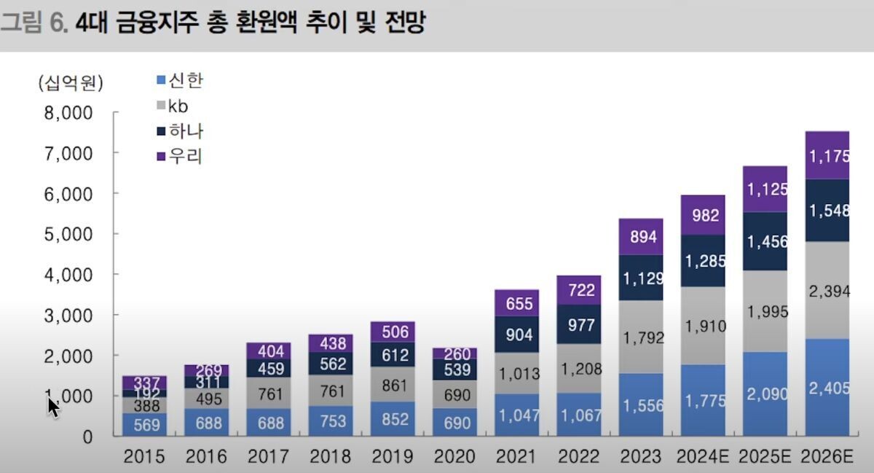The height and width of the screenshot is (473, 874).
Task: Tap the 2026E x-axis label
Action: pos(827,457)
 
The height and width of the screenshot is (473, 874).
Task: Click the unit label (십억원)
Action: pos(71,83)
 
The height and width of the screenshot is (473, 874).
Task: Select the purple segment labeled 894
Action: pos(642,237)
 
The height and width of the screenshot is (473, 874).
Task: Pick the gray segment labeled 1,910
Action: pos(704,326)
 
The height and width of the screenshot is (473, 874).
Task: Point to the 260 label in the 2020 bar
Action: pos(456,353)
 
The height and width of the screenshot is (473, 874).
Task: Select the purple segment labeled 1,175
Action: pos(828,155)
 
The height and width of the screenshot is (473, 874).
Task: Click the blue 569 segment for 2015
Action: pos(144,424)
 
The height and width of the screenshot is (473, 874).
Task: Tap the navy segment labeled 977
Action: pos(580,324)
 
